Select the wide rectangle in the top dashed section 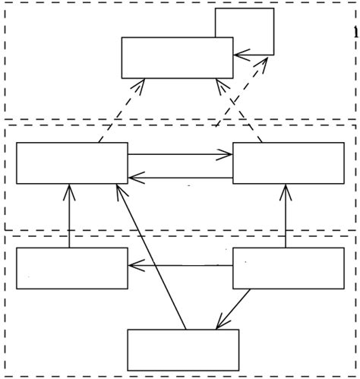[177, 58]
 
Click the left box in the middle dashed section [72, 163]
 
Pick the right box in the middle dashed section [288, 163]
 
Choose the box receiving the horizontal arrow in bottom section [72, 268]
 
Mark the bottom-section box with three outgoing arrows [288, 268]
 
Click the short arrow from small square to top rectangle [254, 55]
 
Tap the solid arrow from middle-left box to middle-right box [180, 155]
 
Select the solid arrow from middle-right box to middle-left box [180, 178]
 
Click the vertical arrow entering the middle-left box [69, 216]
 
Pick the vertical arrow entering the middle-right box [286, 216]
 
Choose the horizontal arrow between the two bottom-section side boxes [180, 265]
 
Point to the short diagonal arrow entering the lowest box [233, 310]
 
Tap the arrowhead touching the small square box [266, 61]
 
